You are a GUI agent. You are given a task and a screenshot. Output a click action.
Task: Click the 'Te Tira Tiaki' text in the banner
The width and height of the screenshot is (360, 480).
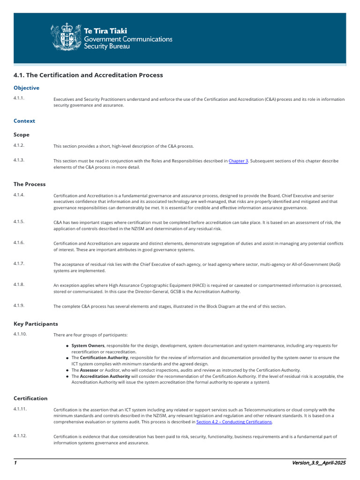tap(105, 31)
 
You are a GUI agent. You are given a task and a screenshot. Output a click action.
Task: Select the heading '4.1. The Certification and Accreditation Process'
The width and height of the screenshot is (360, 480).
tap(88, 75)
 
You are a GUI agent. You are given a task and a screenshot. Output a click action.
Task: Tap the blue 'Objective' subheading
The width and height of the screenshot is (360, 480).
tap(26, 88)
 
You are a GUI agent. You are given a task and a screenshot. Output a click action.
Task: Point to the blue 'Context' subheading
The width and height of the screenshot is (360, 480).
tap(24, 121)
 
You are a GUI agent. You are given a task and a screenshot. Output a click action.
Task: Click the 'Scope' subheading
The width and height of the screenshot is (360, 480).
tap(22, 135)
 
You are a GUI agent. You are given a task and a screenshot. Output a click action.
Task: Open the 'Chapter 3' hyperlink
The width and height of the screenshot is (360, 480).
tap(238, 161)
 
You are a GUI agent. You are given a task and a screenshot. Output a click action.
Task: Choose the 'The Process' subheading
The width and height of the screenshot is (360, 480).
tap(30, 184)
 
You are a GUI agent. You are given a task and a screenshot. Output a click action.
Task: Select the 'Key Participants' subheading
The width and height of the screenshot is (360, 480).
tap(36, 324)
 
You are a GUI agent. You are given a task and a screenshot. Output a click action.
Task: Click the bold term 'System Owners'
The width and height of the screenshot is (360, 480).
tap(88, 346)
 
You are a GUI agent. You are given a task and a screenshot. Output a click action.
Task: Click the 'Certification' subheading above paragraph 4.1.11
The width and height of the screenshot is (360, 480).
tap(30, 398)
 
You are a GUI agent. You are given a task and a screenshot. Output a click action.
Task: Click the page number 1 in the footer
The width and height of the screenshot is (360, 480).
tap(15, 463)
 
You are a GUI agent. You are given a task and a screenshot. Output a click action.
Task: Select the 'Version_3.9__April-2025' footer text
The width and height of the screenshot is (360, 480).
tap(318, 463)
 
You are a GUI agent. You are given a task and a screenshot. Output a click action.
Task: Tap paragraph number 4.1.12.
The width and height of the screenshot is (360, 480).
tap(20, 436)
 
